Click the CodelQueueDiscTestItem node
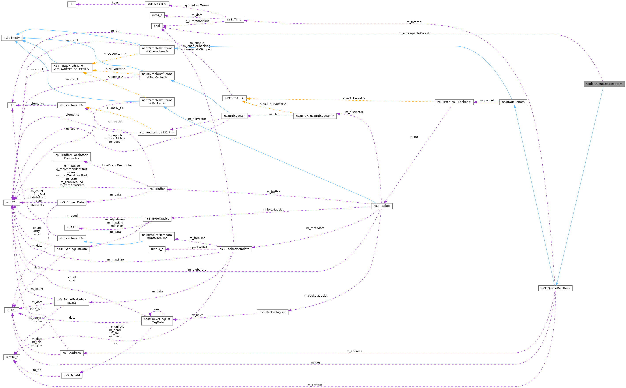pyautogui.click(x=604, y=84)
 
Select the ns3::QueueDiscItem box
pyautogui.click(x=555, y=288)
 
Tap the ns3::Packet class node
pyautogui.click(x=382, y=206)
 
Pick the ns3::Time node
pyautogui.click(x=234, y=20)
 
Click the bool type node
pyautogui.click(x=157, y=26)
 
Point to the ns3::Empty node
pyautogui.click(x=11, y=38)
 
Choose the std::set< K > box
pyautogui.click(x=157, y=4)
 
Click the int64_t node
pyautogui.click(x=157, y=15)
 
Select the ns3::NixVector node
pyautogui.click(x=234, y=116)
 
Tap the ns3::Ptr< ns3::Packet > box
pyautogui.click(x=454, y=102)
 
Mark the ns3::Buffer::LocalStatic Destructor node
pyautogui.click(x=72, y=157)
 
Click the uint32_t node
pyautogui.click(x=12, y=202)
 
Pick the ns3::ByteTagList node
pyautogui.click(x=157, y=219)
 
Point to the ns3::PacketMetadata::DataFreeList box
pyautogui.click(x=157, y=236)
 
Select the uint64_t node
pyautogui.click(x=157, y=249)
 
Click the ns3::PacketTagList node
pyautogui.click(x=273, y=312)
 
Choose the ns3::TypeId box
pyautogui.click(x=72, y=375)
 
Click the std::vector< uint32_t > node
pyautogui.click(x=157, y=132)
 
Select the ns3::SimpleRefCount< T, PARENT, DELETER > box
pyautogui.click(x=71, y=68)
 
